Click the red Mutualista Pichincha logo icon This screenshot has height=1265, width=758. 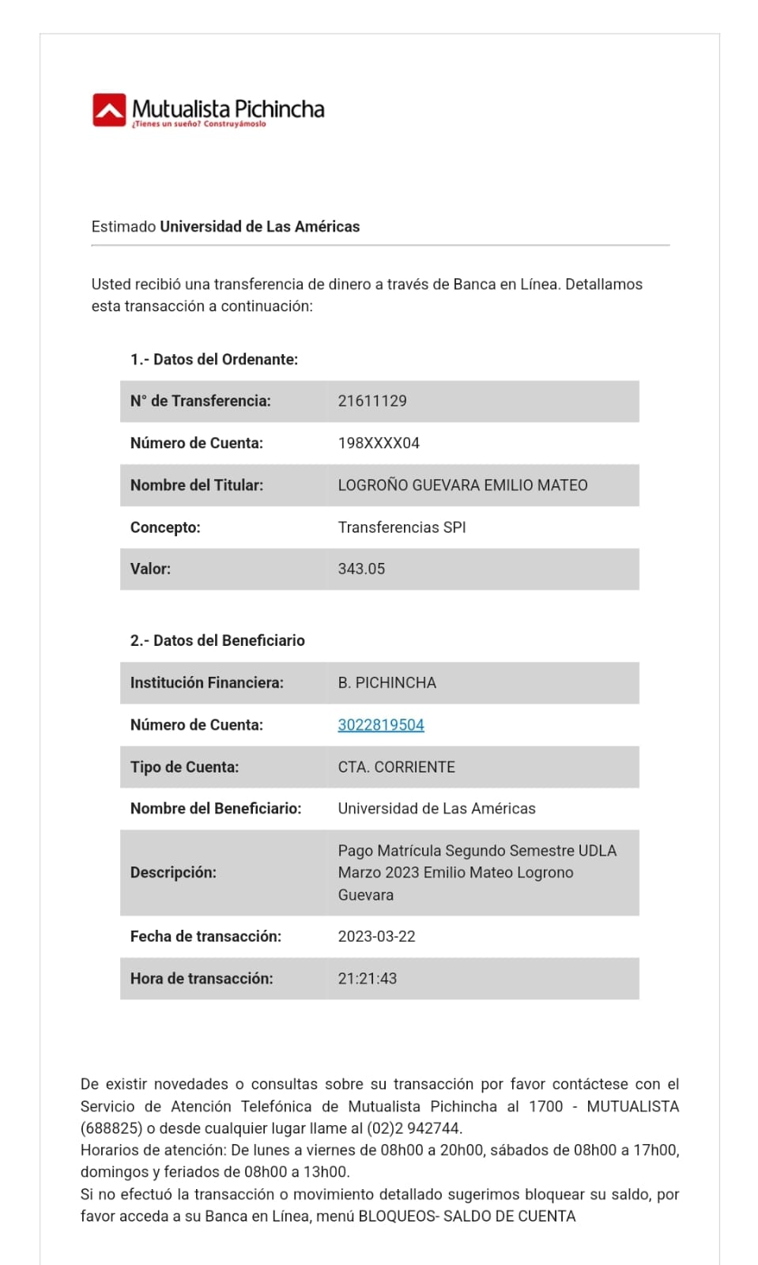point(109,110)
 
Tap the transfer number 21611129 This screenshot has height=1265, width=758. point(372,401)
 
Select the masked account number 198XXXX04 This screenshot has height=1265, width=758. point(379,443)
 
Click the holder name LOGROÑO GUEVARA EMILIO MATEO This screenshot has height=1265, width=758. point(462,485)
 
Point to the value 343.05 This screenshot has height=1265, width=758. point(361,568)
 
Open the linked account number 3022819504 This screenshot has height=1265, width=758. point(381,725)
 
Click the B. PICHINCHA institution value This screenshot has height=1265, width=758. point(387,682)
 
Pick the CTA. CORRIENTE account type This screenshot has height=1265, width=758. point(396,767)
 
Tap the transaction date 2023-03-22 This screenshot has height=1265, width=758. point(376,936)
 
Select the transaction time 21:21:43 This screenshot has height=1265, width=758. point(368,978)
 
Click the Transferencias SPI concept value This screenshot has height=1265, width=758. point(402,527)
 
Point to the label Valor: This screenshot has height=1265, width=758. point(150,568)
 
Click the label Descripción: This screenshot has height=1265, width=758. point(173,872)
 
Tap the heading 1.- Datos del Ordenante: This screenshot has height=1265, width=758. point(214,359)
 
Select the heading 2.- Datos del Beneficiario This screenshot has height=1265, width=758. point(217,640)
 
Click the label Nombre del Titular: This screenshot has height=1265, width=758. point(197,485)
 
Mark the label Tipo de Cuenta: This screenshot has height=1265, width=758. point(184,767)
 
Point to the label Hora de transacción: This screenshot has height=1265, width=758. point(202,978)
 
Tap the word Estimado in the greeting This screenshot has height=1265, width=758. point(123,227)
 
